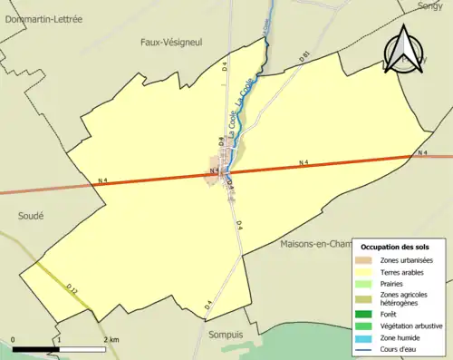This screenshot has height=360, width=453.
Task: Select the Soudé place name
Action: click(x=31, y=216)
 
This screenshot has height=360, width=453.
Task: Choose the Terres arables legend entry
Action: click(x=401, y=271)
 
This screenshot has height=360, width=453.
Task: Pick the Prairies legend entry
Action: click(x=394, y=283)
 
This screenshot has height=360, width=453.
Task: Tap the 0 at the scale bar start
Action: click(x=14, y=339)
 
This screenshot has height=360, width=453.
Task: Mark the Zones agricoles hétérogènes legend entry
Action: click(x=404, y=298)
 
